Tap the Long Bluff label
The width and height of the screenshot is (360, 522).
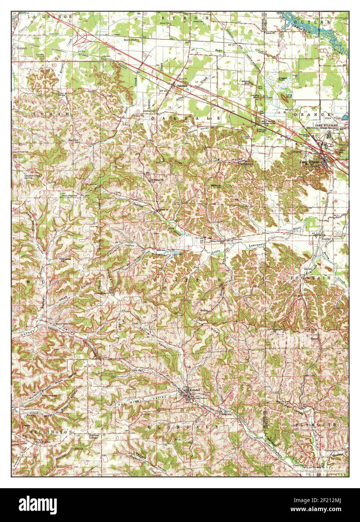click(289, 95)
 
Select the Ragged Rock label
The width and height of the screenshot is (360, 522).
click(283, 80)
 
